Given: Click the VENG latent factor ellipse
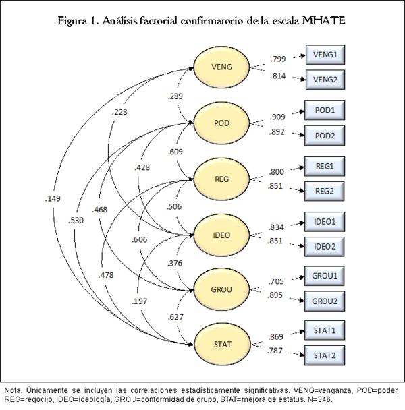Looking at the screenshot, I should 222,67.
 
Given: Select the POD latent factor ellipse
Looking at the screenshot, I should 222,122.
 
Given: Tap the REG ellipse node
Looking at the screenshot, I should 222,178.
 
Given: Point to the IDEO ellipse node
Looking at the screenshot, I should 222,234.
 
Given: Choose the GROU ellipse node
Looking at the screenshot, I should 222,289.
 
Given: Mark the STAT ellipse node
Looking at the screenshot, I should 222,345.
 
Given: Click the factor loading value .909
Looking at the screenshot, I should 277,116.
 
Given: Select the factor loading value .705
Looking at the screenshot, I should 277,282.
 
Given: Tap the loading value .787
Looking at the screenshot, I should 275,351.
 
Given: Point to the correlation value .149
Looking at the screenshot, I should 53,198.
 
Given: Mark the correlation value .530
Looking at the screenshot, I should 76,220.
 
